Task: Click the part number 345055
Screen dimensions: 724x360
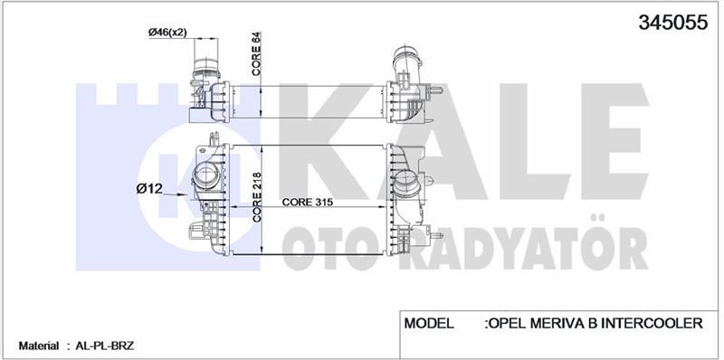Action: click(672, 22)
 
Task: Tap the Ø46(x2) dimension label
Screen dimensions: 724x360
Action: click(167, 33)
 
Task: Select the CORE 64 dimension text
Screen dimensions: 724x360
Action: click(257, 53)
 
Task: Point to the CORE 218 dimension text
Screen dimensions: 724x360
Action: click(257, 197)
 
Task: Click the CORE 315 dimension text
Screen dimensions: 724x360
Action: click(308, 202)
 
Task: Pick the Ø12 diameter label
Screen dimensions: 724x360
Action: click(148, 189)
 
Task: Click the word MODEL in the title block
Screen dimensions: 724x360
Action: click(429, 323)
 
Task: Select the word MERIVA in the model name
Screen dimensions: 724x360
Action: click(558, 323)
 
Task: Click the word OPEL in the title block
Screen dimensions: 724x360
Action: click(509, 323)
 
